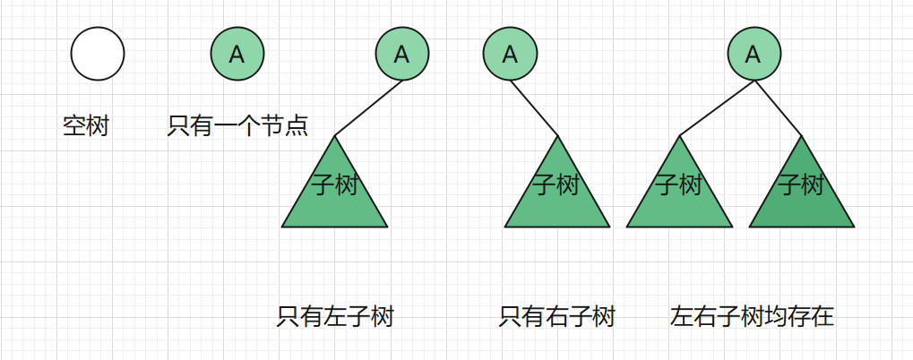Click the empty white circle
pos(98,54)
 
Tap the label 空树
pos(86,126)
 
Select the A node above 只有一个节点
pos(237,54)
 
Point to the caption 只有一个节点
pos(237,126)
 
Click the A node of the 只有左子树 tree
pos(402,54)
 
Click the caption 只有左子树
pos(335,316)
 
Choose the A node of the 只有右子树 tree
pos(510,54)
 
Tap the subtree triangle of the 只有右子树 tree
pos(557,201)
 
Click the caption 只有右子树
pos(557,316)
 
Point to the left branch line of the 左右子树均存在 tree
pos(717,107)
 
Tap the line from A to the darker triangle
pos(779,107)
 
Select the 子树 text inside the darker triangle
pos(801,185)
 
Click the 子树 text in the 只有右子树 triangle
pos(557,185)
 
